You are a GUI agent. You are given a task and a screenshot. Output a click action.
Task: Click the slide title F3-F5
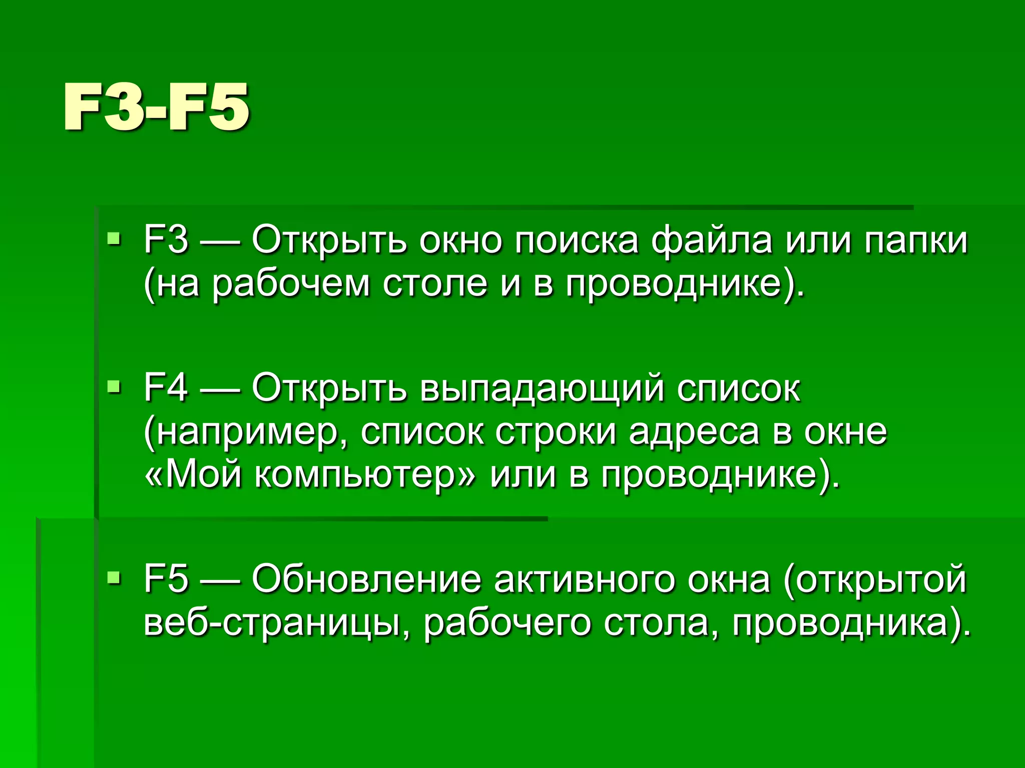(x=156, y=107)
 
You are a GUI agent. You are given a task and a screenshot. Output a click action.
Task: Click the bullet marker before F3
(x=115, y=239)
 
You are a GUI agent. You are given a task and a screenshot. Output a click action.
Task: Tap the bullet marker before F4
(x=115, y=386)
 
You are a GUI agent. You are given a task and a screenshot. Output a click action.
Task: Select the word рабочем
(x=291, y=284)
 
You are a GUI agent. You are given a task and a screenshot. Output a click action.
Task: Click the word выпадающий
(x=543, y=388)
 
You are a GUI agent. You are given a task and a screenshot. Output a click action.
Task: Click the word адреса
(x=694, y=431)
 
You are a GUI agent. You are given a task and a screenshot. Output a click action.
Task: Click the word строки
(x=556, y=432)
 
